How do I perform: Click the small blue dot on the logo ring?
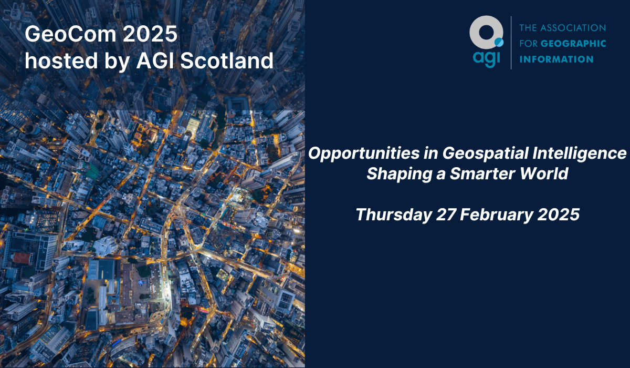498,42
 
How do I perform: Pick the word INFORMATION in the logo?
556,59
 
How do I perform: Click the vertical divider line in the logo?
511,42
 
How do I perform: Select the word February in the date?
500,214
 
